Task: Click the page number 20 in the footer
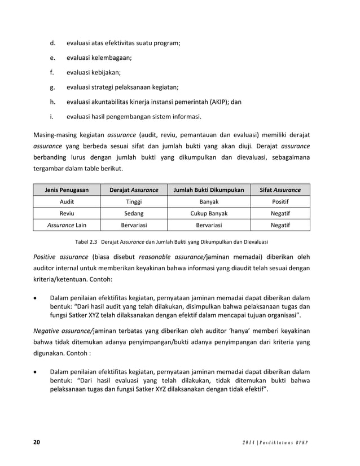point(37,441)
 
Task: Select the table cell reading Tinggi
point(134,202)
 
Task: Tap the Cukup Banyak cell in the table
point(209,214)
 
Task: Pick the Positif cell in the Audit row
point(280,202)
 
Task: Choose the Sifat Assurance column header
point(280,190)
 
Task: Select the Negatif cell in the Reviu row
point(280,214)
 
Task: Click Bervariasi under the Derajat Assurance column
point(134,225)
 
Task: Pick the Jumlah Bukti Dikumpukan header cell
point(209,190)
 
